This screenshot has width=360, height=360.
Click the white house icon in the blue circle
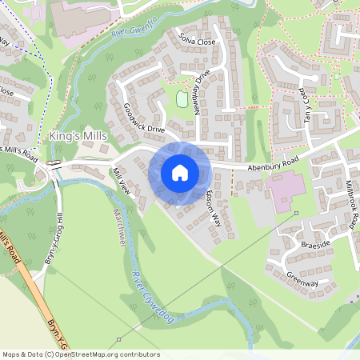tap(179, 172)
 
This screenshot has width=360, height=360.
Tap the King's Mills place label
tap(78, 137)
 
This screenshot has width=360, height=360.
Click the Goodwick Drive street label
tap(144, 118)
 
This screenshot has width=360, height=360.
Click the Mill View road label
tap(121, 183)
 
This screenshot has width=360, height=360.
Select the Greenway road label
tap(302, 278)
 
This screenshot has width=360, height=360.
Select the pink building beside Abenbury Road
tap(285, 191)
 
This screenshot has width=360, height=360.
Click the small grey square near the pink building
tap(295, 214)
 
